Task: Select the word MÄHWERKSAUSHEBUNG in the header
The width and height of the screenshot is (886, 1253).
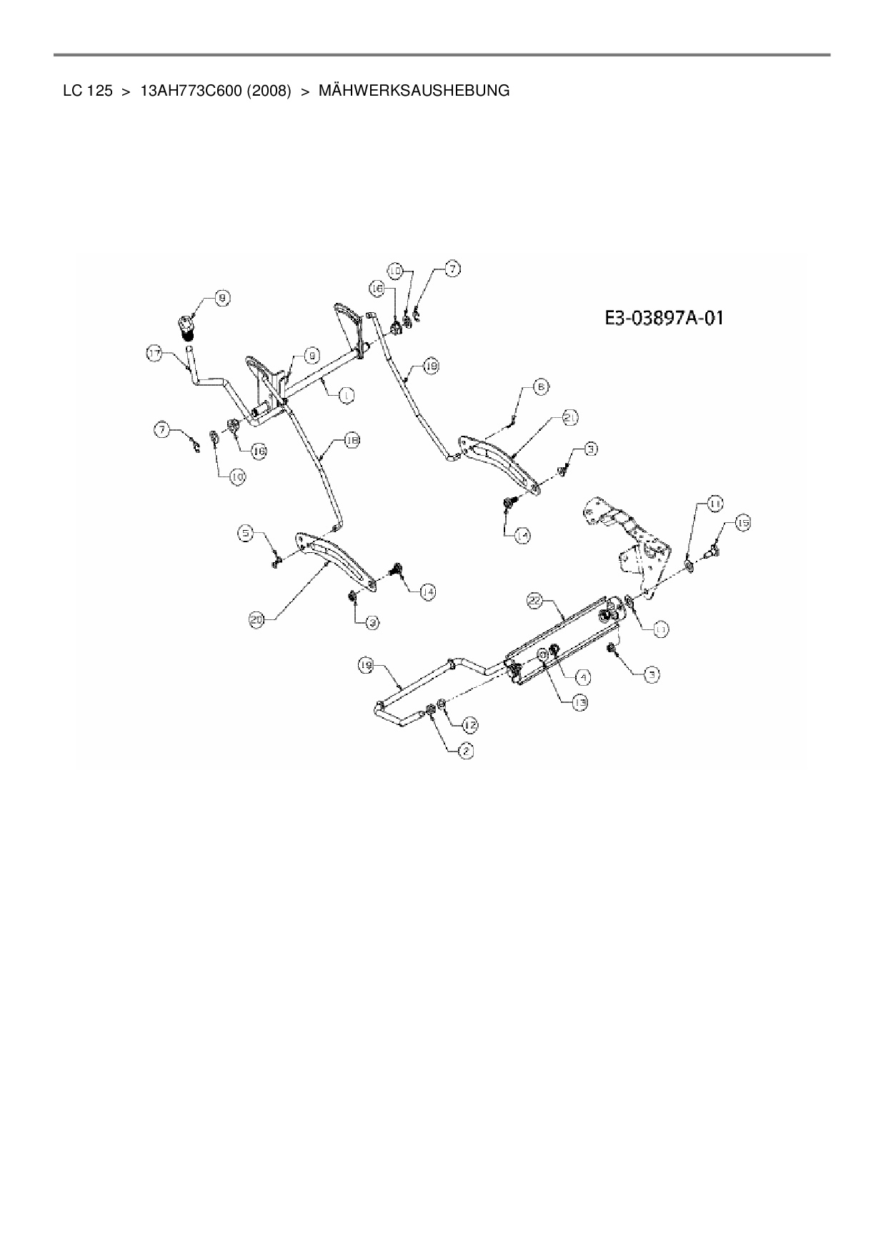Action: click(x=414, y=91)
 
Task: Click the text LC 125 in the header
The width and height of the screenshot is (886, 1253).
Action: click(x=88, y=91)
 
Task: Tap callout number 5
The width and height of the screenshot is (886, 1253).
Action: click(x=246, y=532)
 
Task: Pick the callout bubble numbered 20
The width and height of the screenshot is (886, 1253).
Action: click(x=257, y=620)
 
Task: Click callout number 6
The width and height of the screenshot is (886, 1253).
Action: click(x=541, y=386)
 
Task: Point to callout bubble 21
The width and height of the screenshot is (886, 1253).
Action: click(x=569, y=418)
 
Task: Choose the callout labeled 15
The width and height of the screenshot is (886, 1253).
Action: click(x=743, y=524)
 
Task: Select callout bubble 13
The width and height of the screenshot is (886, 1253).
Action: click(x=579, y=703)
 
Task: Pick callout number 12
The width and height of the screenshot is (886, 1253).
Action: click(x=469, y=725)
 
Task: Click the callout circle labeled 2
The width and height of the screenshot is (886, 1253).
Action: click(x=466, y=750)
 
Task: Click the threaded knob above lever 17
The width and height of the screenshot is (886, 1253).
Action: click(x=187, y=329)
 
